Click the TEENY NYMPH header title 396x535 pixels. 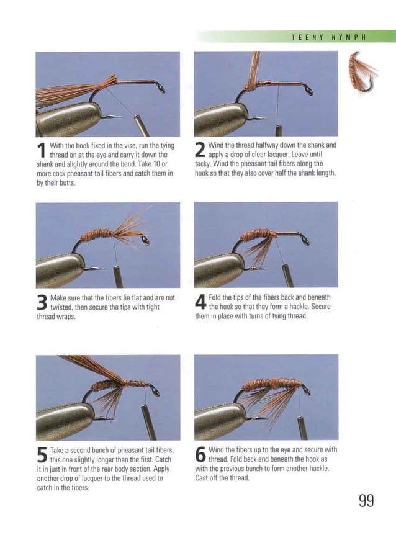coord(328,37)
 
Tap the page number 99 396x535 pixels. coord(366,501)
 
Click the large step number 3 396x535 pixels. coord(42,302)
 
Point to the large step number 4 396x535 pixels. coord(200,302)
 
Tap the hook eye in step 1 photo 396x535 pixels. coord(161,89)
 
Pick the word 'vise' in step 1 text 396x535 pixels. coord(106,145)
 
